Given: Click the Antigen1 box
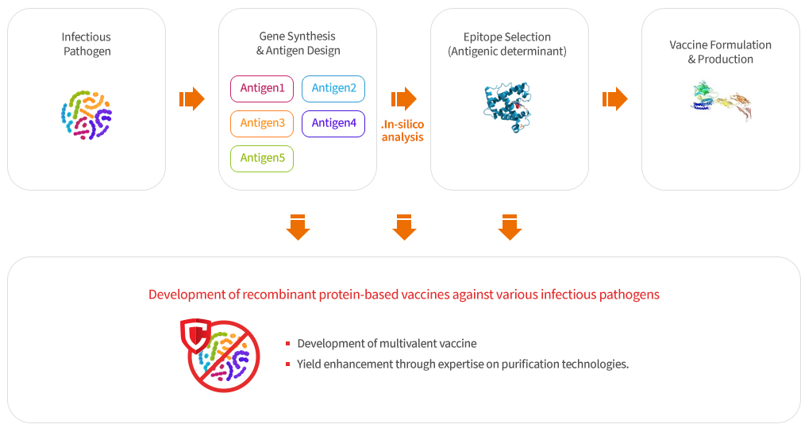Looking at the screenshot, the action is click(x=262, y=89).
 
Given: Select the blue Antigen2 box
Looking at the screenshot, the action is click(x=333, y=89).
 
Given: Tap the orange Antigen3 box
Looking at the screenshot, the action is click(x=262, y=124).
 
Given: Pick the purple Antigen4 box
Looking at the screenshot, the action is click(x=333, y=124).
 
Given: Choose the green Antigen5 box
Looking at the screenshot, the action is click(x=262, y=158).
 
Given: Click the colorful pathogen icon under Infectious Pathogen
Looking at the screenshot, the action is click(x=87, y=115).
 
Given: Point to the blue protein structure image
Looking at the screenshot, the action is click(x=508, y=106).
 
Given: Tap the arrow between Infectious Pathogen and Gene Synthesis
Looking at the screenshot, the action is click(x=192, y=98).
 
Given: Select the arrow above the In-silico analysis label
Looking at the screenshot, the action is click(x=404, y=98).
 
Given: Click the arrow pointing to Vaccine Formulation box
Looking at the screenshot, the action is click(x=615, y=98).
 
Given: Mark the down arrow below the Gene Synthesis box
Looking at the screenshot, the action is click(x=298, y=227).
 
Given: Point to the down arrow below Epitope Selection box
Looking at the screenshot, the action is click(x=510, y=227).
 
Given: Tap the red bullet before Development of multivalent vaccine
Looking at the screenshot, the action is click(x=288, y=344).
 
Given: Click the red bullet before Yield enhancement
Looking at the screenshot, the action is click(x=288, y=364).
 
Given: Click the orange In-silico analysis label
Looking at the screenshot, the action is click(x=402, y=131).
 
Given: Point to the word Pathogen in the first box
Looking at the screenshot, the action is click(x=87, y=52).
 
